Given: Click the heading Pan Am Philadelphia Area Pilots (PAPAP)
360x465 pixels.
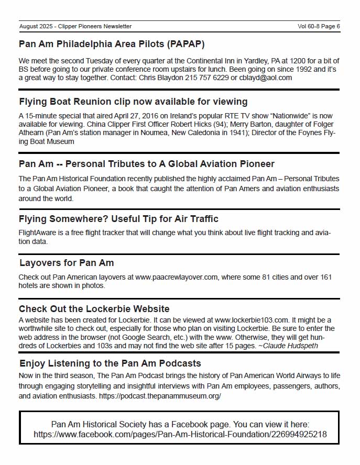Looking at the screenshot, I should (112, 44).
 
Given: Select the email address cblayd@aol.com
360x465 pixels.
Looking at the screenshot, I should (265, 77).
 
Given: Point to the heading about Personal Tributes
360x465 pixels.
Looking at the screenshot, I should (147, 164).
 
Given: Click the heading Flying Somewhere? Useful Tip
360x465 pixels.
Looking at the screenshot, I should (118, 219).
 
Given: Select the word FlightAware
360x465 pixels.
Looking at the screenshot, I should (38, 233).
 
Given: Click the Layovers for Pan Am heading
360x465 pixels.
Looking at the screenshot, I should (67, 263).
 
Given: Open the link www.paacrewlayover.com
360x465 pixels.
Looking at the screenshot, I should (177, 277).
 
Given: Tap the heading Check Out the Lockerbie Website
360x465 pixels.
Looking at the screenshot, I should (94, 309).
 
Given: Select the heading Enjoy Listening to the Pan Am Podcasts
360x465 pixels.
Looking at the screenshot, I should (110, 363).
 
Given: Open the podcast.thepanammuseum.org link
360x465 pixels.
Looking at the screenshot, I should (163, 396).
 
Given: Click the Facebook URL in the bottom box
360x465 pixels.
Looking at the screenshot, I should (180, 434).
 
